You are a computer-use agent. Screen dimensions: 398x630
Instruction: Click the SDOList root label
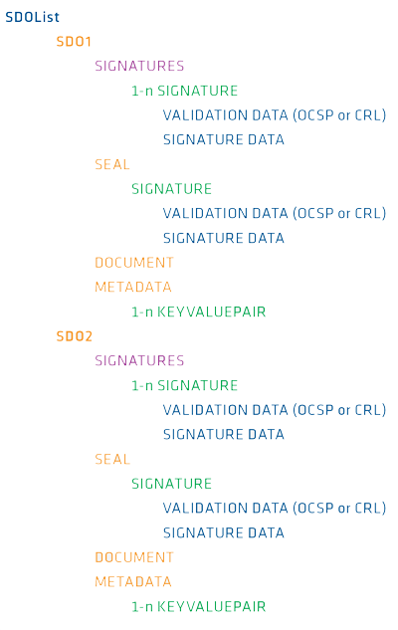click(32, 17)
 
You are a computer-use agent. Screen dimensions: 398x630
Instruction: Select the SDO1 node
click(74, 42)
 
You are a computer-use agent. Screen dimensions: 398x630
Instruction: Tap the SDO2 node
click(75, 335)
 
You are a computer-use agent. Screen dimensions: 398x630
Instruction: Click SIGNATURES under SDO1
click(139, 66)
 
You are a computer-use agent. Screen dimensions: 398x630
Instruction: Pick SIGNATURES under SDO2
click(139, 360)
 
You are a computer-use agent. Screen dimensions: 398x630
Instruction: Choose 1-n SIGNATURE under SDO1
click(185, 91)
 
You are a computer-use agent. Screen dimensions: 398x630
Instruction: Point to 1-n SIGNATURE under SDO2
click(185, 385)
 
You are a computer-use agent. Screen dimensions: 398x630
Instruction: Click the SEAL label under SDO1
click(112, 164)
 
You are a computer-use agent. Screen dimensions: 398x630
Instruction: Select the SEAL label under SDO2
click(112, 459)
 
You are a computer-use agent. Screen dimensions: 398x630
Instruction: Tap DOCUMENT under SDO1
click(134, 263)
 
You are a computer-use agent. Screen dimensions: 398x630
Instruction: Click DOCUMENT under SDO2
click(134, 557)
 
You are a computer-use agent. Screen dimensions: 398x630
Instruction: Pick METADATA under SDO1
click(133, 287)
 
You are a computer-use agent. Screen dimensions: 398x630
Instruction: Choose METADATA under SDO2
click(133, 581)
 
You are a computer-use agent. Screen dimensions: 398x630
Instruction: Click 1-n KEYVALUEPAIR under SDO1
click(199, 312)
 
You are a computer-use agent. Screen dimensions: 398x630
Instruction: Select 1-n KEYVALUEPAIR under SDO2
click(199, 606)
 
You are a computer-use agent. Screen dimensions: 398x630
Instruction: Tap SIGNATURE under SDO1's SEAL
click(171, 189)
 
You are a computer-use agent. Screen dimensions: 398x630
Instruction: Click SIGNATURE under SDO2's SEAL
click(171, 484)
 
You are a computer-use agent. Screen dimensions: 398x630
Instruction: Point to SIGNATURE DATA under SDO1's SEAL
click(224, 238)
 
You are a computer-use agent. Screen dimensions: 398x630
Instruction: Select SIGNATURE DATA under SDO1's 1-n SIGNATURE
click(224, 139)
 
